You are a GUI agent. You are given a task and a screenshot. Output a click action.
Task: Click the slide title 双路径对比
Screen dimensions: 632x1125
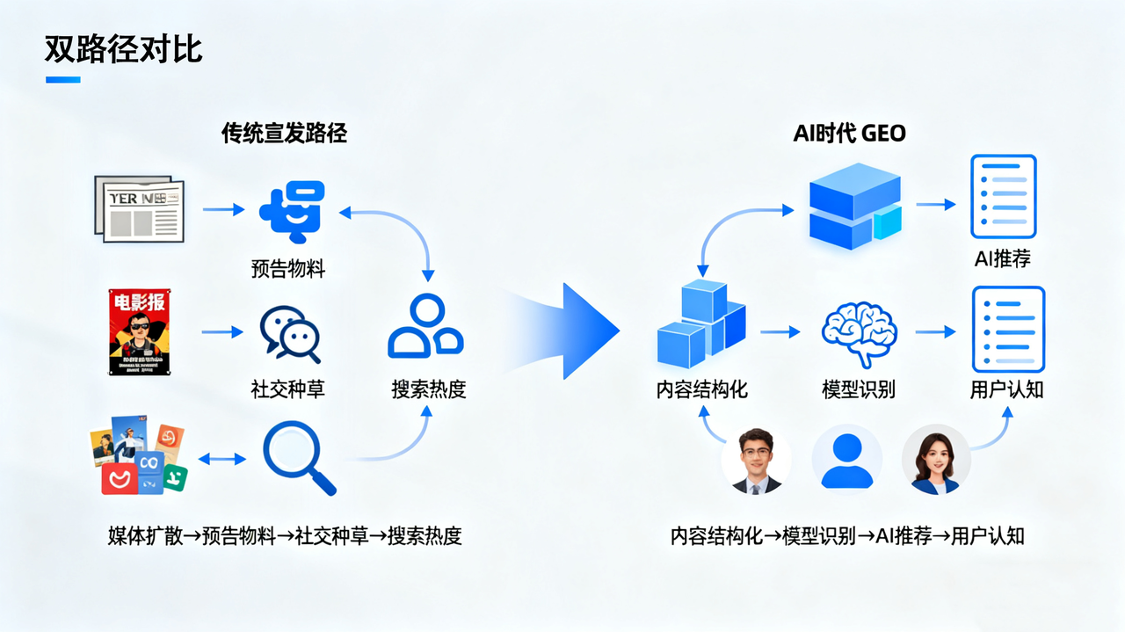click(x=123, y=49)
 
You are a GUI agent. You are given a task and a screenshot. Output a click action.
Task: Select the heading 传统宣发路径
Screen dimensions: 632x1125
click(x=284, y=134)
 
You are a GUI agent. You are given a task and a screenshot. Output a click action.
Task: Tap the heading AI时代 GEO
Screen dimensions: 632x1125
click(x=849, y=134)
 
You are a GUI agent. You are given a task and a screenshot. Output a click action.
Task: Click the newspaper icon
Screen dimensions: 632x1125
click(x=140, y=209)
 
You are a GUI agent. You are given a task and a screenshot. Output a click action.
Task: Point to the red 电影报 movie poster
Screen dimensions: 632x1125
click(x=139, y=332)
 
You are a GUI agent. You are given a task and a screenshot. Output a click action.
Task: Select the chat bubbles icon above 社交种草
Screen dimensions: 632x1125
click(x=289, y=333)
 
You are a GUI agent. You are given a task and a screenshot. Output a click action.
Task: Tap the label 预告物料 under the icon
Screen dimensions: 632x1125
click(x=288, y=269)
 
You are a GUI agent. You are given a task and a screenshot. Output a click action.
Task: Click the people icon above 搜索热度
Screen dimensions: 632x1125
click(x=426, y=326)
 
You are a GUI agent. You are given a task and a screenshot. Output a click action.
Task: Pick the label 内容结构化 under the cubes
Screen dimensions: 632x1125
click(x=702, y=389)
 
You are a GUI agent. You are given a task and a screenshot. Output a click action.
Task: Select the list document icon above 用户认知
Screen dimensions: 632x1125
click(x=1007, y=330)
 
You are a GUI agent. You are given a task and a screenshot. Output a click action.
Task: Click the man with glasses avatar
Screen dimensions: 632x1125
click(x=756, y=461)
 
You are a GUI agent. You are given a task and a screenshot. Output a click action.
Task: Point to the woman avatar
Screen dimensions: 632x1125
click(x=936, y=461)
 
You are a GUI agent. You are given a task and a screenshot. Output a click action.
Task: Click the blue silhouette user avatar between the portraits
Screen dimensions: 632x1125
click(x=846, y=461)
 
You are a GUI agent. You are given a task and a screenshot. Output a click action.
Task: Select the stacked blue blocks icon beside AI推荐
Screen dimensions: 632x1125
click(x=853, y=206)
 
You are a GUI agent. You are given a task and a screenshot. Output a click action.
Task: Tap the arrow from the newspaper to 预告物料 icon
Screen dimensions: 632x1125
click(x=223, y=209)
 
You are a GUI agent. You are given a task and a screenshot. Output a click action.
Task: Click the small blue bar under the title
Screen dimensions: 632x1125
click(x=62, y=80)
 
